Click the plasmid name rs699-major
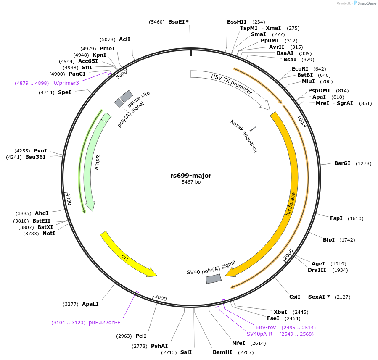pyautogui.click(x=191, y=176)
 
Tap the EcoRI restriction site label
pyautogui.click(x=300, y=68)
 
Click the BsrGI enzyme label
pyautogui.click(x=342, y=163)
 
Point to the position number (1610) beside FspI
pyautogui.click(x=355, y=218)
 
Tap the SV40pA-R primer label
pyautogui.click(x=259, y=334)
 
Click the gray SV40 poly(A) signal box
pyautogui.click(x=214, y=279)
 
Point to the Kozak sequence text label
pyautogui.click(x=244, y=136)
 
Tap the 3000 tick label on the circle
pyautogui.click(x=161, y=298)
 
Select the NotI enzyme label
pyautogui.click(x=49, y=233)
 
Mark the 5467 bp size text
pyautogui.click(x=191, y=182)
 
